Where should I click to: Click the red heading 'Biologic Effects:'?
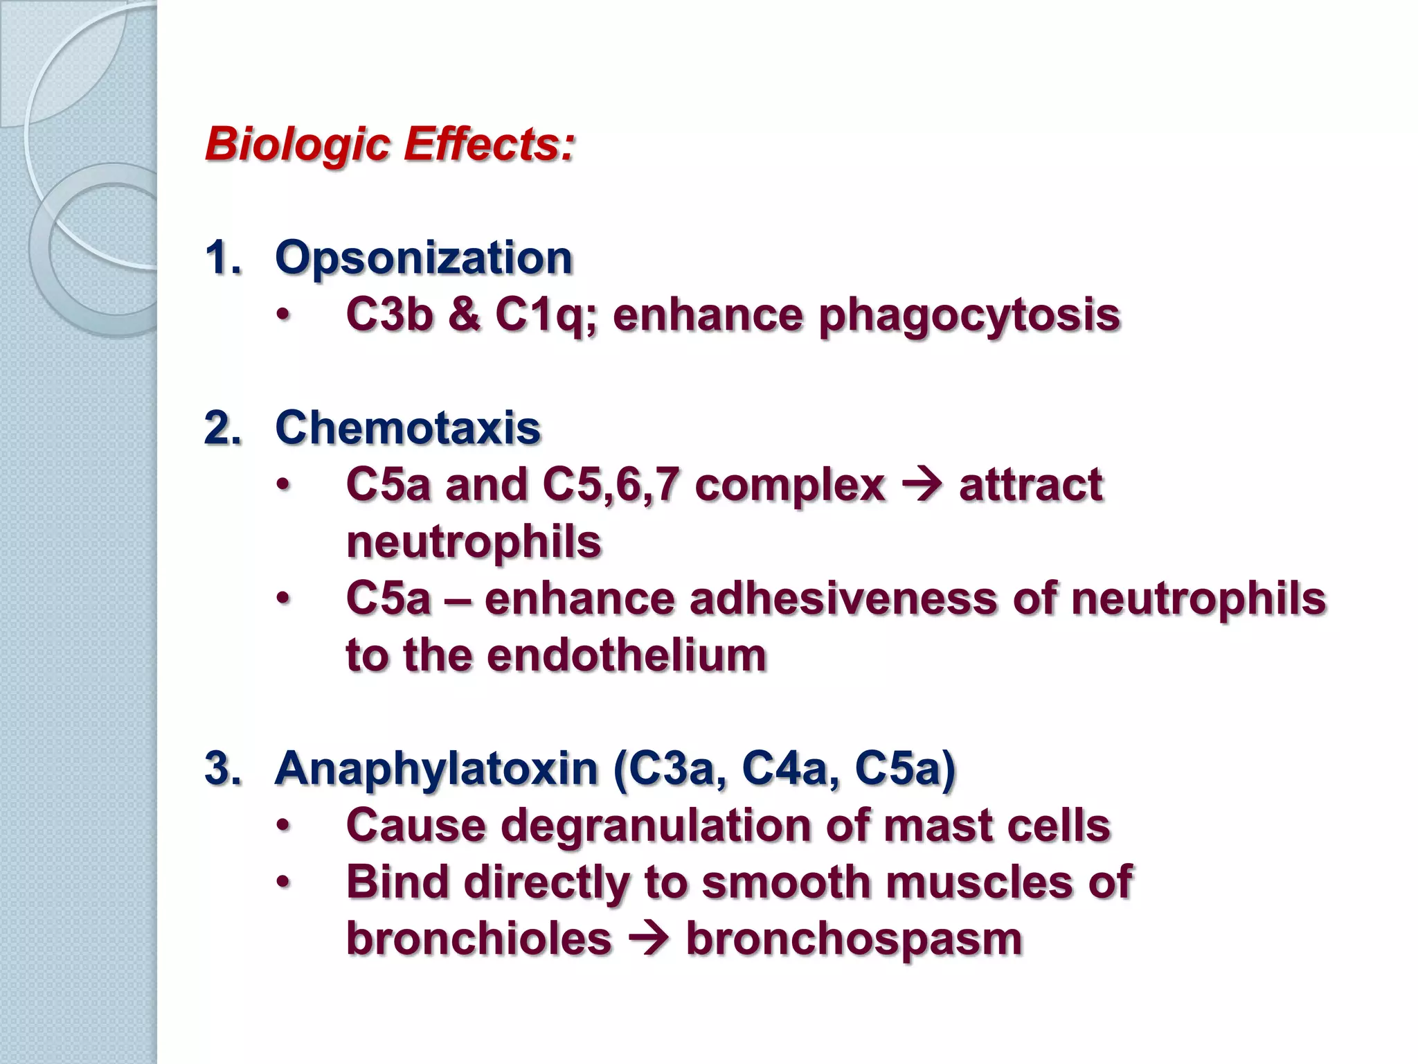click(x=390, y=145)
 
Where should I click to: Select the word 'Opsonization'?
click(x=423, y=258)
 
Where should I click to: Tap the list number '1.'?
click(x=223, y=258)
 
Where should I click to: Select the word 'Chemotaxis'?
click(x=407, y=428)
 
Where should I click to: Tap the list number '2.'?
click(x=223, y=428)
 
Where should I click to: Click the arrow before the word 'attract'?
click(x=922, y=486)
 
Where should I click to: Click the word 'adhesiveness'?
click(x=843, y=598)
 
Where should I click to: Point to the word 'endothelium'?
click(x=627, y=655)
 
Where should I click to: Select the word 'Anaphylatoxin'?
click(x=436, y=769)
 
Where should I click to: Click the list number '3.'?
click(x=223, y=769)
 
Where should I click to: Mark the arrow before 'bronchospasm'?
click(x=649, y=940)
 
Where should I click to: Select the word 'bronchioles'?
click(x=478, y=939)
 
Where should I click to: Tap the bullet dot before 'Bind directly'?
click(x=282, y=883)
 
